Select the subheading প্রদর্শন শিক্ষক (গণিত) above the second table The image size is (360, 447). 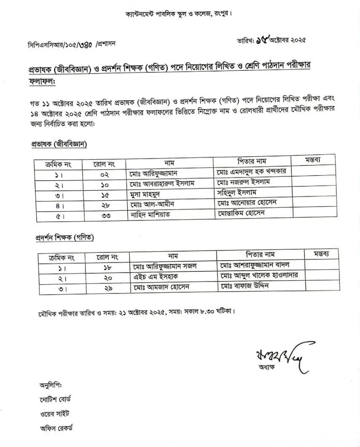(64, 238)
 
